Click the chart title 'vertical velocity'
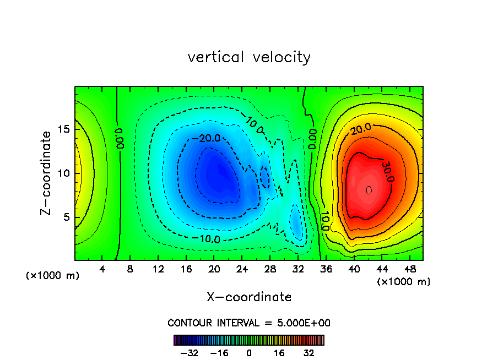(249, 57)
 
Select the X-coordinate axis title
(249, 297)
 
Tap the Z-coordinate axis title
(48, 173)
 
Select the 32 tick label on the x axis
(297, 269)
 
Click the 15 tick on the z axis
(64, 129)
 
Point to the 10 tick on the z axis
(64, 173)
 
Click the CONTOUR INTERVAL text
(249, 323)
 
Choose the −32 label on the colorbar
(189, 353)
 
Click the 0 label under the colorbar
(249, 353)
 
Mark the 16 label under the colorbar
(279, 353)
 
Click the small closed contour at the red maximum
(369, 190)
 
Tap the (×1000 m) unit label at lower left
(53, 276)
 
